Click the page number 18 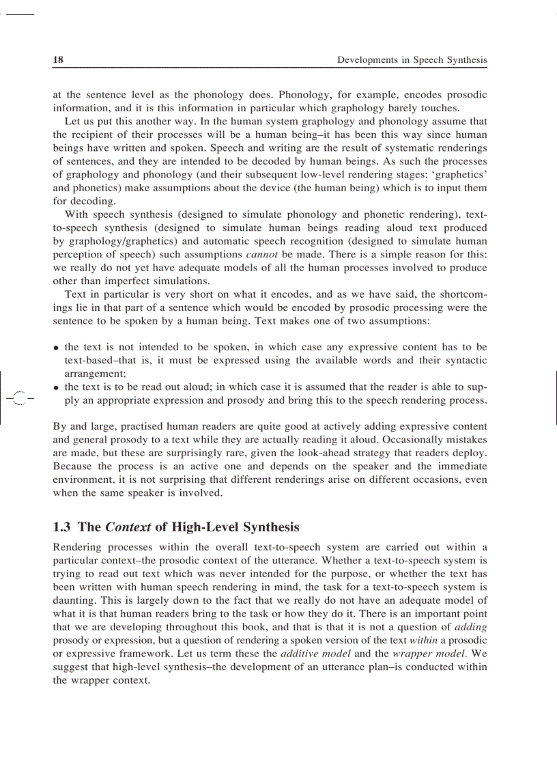click(58, 60)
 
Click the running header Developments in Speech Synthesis click(412, 60)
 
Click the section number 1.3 click(63, 527)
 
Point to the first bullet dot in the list click(57, 348)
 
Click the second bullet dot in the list click(57, 388)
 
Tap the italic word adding click(470, 628)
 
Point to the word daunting click(74, 587)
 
